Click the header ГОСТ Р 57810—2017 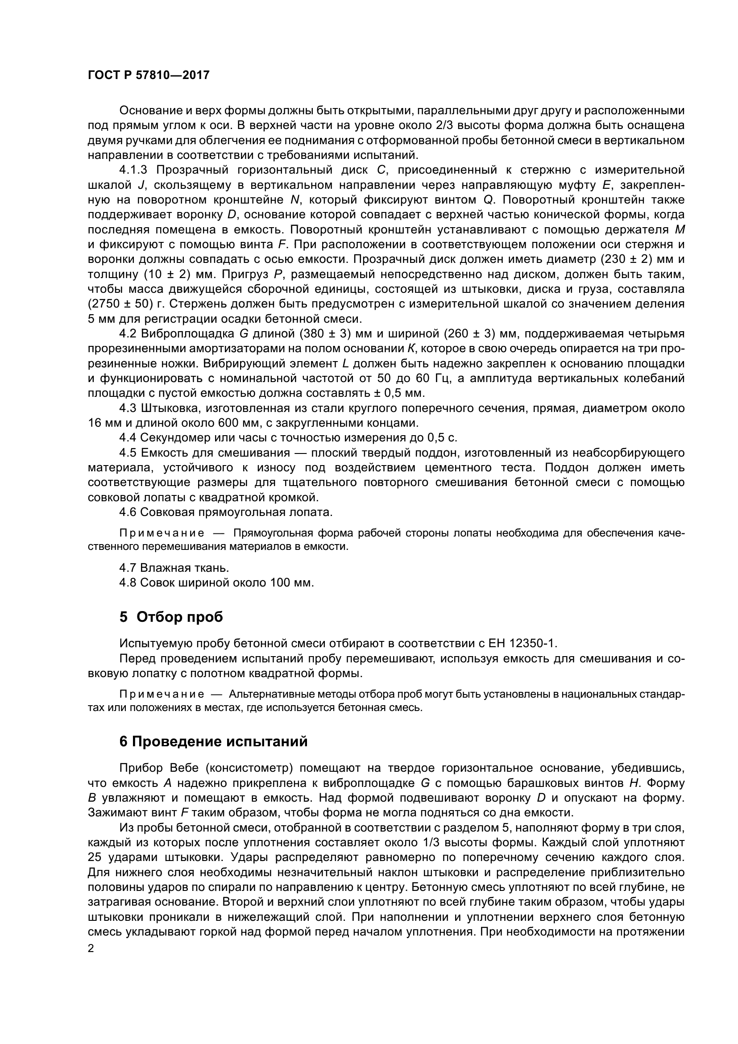(x=148, y=75)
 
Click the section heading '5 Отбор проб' (x=171, y=617)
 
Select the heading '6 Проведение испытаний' (x=213, y=742)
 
